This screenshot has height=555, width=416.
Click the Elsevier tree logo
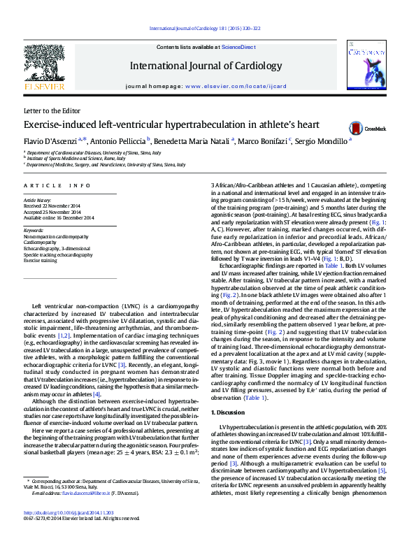pos(44,66)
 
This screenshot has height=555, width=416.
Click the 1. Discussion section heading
pos(231,414)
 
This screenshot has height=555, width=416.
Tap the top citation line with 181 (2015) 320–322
pos(205,28)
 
